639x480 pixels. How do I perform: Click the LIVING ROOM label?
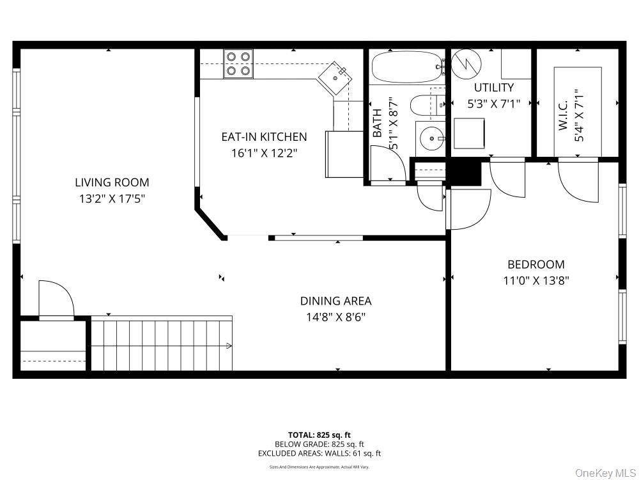coord(112,182)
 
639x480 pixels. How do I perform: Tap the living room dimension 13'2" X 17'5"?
coord(112,198)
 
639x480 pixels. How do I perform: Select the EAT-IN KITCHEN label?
coord(264,137)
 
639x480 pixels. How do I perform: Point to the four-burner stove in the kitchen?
coord(238,64)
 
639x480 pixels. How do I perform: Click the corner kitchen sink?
coord(335,79)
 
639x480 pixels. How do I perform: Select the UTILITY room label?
coord(493,88)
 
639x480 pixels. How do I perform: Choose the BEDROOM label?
coord(535,264)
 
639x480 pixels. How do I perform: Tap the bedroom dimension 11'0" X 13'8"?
coord(535,280)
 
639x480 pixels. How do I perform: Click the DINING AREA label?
coord(335,301)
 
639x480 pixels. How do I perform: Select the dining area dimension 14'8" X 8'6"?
coord(335,317)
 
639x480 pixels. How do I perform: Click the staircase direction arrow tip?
coord(230,346)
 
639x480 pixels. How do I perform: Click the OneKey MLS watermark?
coord(605,473)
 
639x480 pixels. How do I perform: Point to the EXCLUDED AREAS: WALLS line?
coord(319,453)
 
